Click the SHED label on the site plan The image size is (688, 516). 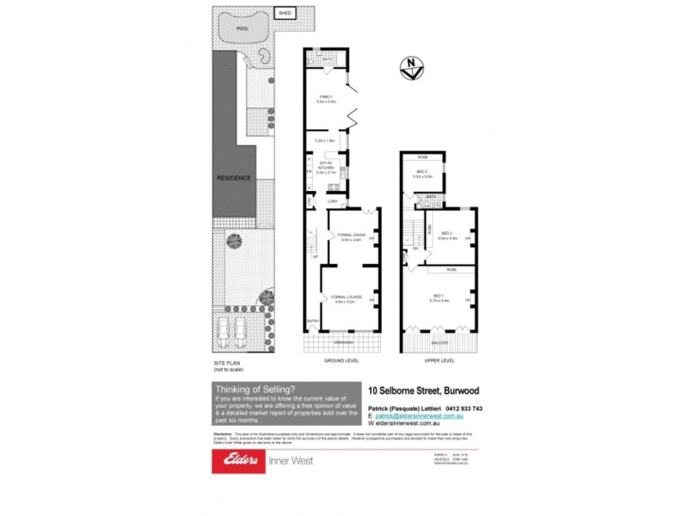[282, 13]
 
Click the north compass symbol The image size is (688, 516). [412, 66]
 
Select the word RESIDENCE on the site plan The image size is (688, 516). [234, 178]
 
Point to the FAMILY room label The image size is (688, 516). [326, 98]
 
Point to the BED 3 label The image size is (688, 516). [422, 173]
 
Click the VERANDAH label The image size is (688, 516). [344, 341]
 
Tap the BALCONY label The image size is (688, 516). [439, 342]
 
